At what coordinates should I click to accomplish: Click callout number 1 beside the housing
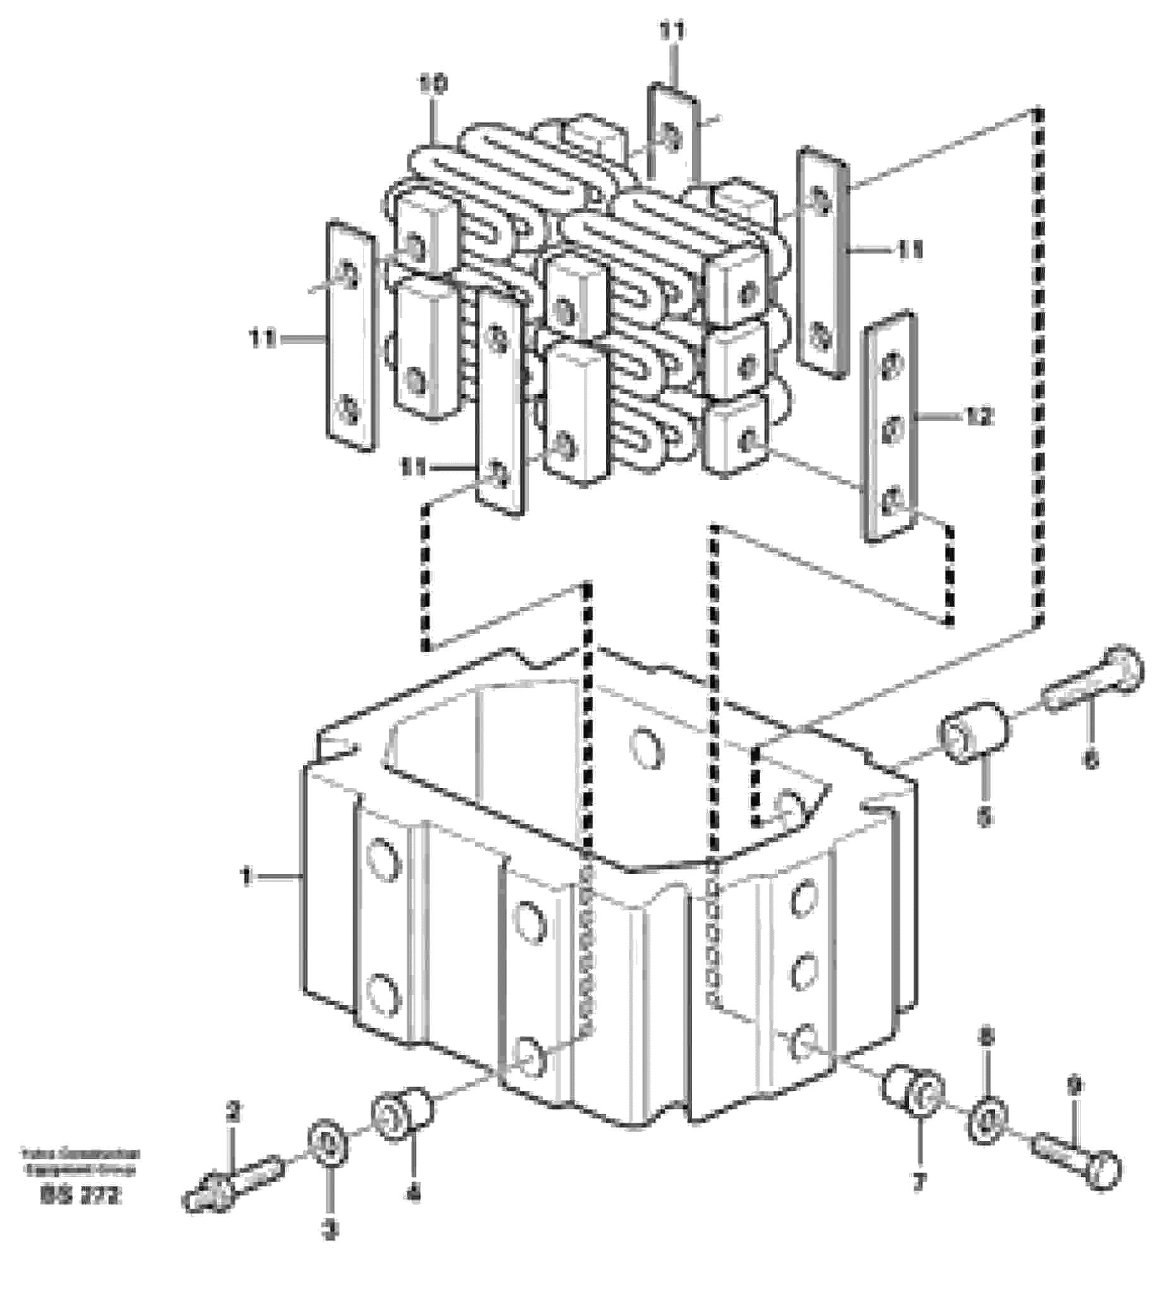246,878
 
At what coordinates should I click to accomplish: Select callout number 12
979,417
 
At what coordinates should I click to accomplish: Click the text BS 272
80,1197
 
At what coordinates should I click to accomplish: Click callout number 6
1091,759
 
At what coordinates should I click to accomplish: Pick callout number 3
330,1231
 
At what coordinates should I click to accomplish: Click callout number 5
984,816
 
